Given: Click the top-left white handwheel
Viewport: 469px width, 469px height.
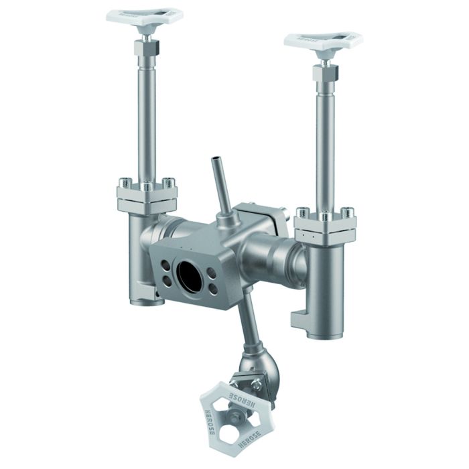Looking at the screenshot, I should tap(145, 16).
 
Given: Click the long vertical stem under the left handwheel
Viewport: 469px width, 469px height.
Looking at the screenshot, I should tap(147, 121).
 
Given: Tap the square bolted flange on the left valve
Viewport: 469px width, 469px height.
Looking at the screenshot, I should tap(147, 198).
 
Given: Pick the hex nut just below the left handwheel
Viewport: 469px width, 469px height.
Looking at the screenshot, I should tap(145, 48).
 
